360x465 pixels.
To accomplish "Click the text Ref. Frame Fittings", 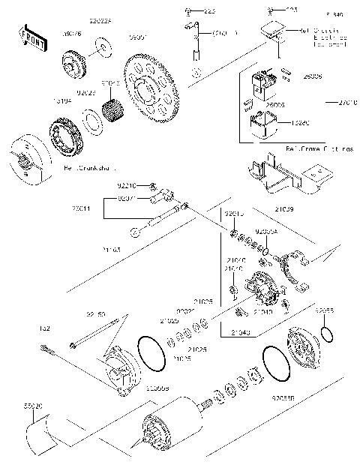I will [x=318, y=149].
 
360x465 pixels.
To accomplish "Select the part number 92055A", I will [x=266, y=232].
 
